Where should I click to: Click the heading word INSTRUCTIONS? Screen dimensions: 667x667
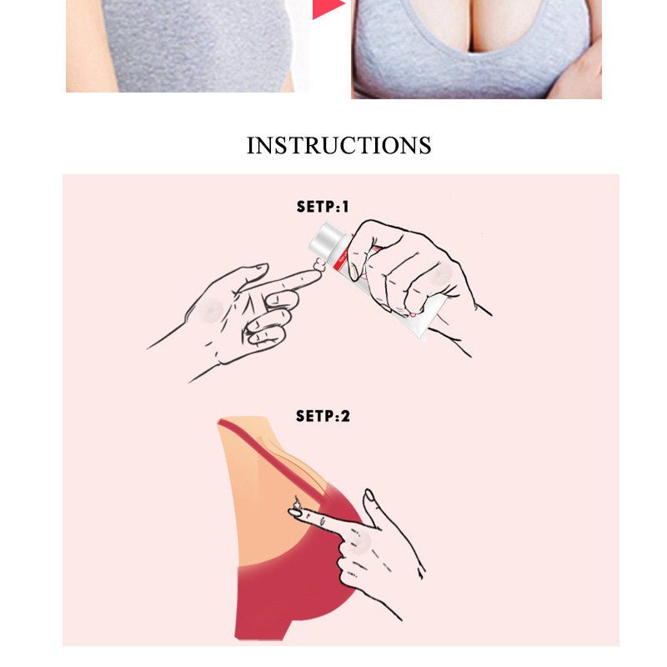point(339,145)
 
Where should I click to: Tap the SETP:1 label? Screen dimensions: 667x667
point(323,207)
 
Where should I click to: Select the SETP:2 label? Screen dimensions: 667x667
point(323,415)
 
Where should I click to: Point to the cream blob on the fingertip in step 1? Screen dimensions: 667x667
point(320,265)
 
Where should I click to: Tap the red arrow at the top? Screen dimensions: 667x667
point(328,8)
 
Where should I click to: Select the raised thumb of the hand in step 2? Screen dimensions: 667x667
point(374,510)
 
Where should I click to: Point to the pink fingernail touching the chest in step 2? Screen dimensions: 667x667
point(295,513)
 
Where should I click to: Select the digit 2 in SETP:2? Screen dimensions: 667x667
point(345,416)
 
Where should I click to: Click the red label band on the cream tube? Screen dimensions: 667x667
point(343,263)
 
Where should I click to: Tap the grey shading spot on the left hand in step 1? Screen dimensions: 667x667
point(211,309)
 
